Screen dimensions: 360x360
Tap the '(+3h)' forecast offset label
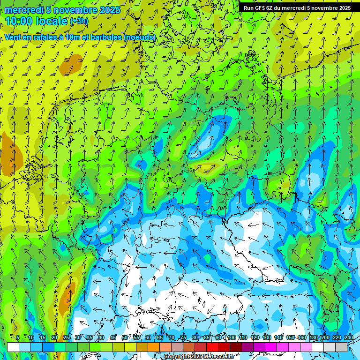[x=78, y=21]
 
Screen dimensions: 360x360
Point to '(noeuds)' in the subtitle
[x=140, y=37]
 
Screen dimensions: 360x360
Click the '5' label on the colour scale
[x=18, y=337]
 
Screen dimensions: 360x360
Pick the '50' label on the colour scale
[x=124, y=337]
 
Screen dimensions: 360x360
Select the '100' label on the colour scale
[x=231, y=337]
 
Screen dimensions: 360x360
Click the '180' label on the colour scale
[x=313, y=337]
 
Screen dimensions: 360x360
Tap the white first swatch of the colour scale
[x=13, y=347]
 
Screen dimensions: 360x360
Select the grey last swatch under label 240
[x=341, y=347]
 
